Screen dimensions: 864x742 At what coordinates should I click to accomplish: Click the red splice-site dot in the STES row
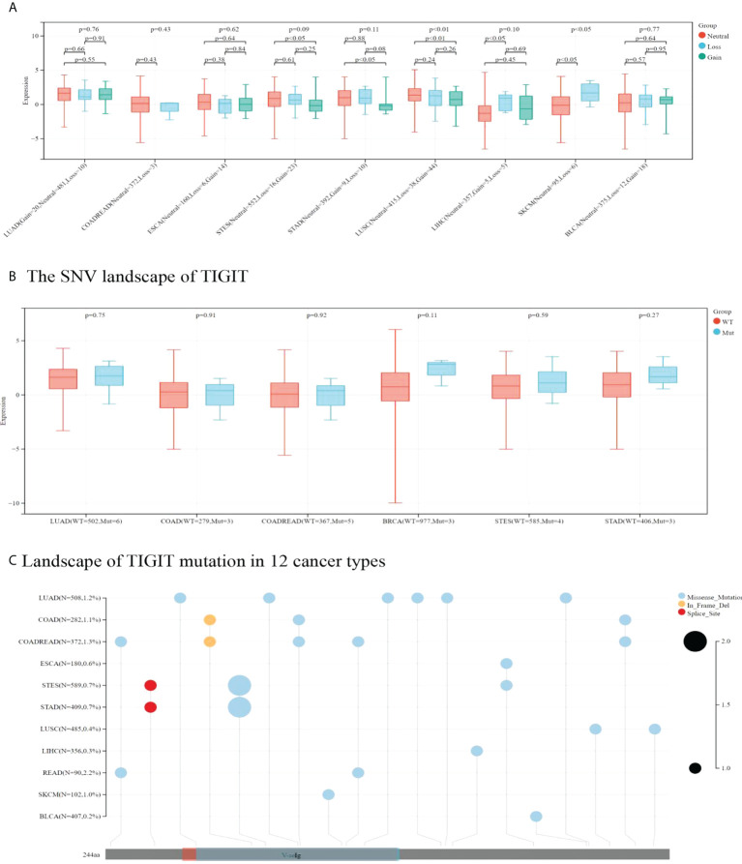click(x=151, y=685)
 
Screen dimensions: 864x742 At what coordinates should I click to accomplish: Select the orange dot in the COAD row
click(x=210, y=619)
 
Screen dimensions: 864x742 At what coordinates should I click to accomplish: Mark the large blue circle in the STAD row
click(x=239, y=707)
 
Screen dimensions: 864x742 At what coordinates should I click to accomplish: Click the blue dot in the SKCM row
click(x=329, y=794)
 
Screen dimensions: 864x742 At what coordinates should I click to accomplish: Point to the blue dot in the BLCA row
click(x=536, y=816)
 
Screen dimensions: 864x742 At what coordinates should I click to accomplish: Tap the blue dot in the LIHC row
click(x=476, y=750)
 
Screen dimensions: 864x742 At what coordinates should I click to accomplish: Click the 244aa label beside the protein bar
click(x=93, y=854)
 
